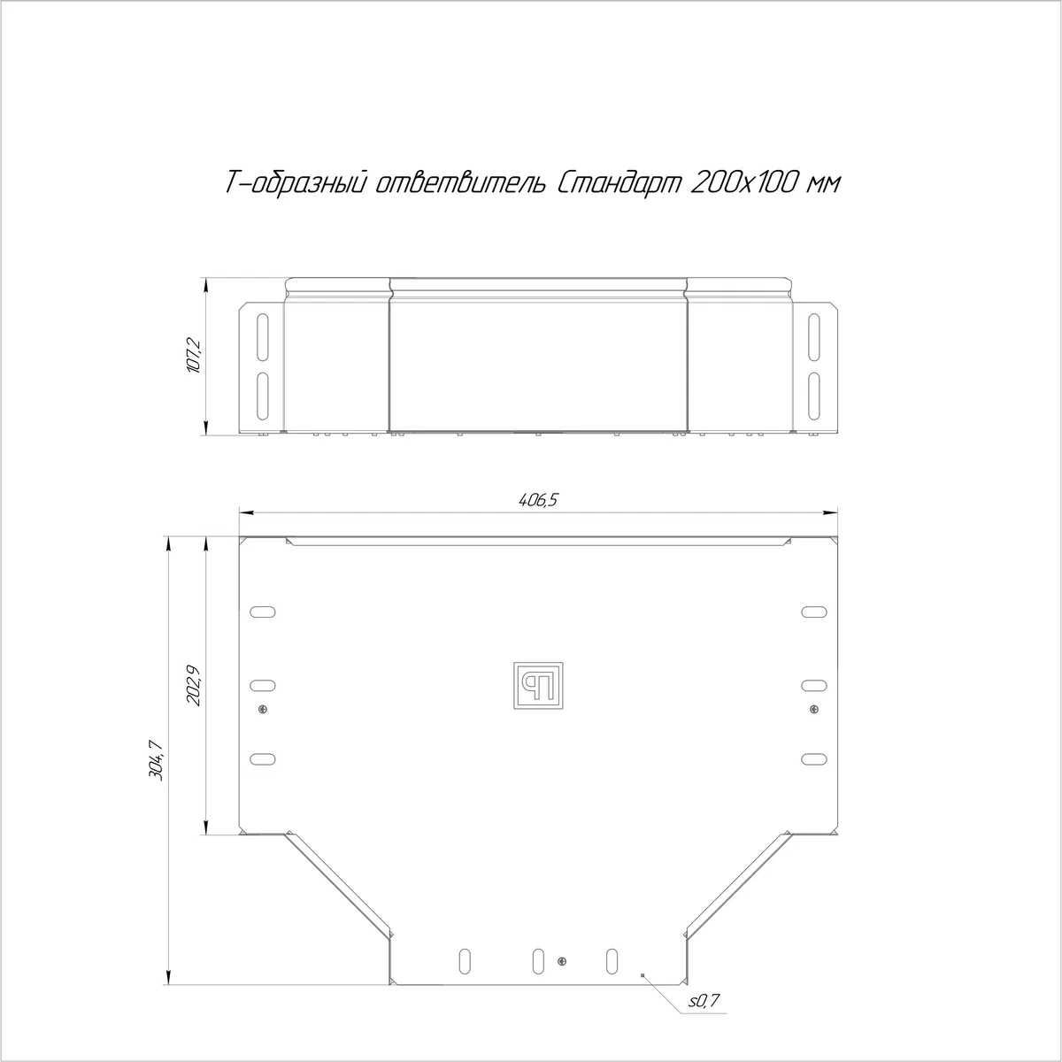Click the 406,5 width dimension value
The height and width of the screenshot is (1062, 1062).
tap(538, 499)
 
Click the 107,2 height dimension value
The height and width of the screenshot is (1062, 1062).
tap(195, 356)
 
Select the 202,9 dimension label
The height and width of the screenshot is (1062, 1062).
tap(195, 686)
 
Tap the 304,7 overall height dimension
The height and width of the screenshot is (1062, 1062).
tap(157, 760)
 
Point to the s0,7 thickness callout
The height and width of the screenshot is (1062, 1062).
tap(704, 1001)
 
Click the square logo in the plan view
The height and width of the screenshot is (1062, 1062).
tap(538, 685)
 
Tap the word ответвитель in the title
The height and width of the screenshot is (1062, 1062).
tap(461, 183)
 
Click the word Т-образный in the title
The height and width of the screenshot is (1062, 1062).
tap(296, 183)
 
